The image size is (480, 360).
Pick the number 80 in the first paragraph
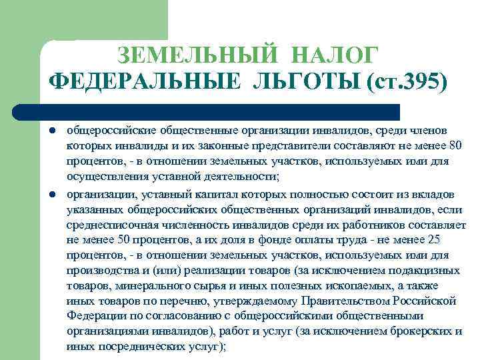(x=455, y=145)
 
